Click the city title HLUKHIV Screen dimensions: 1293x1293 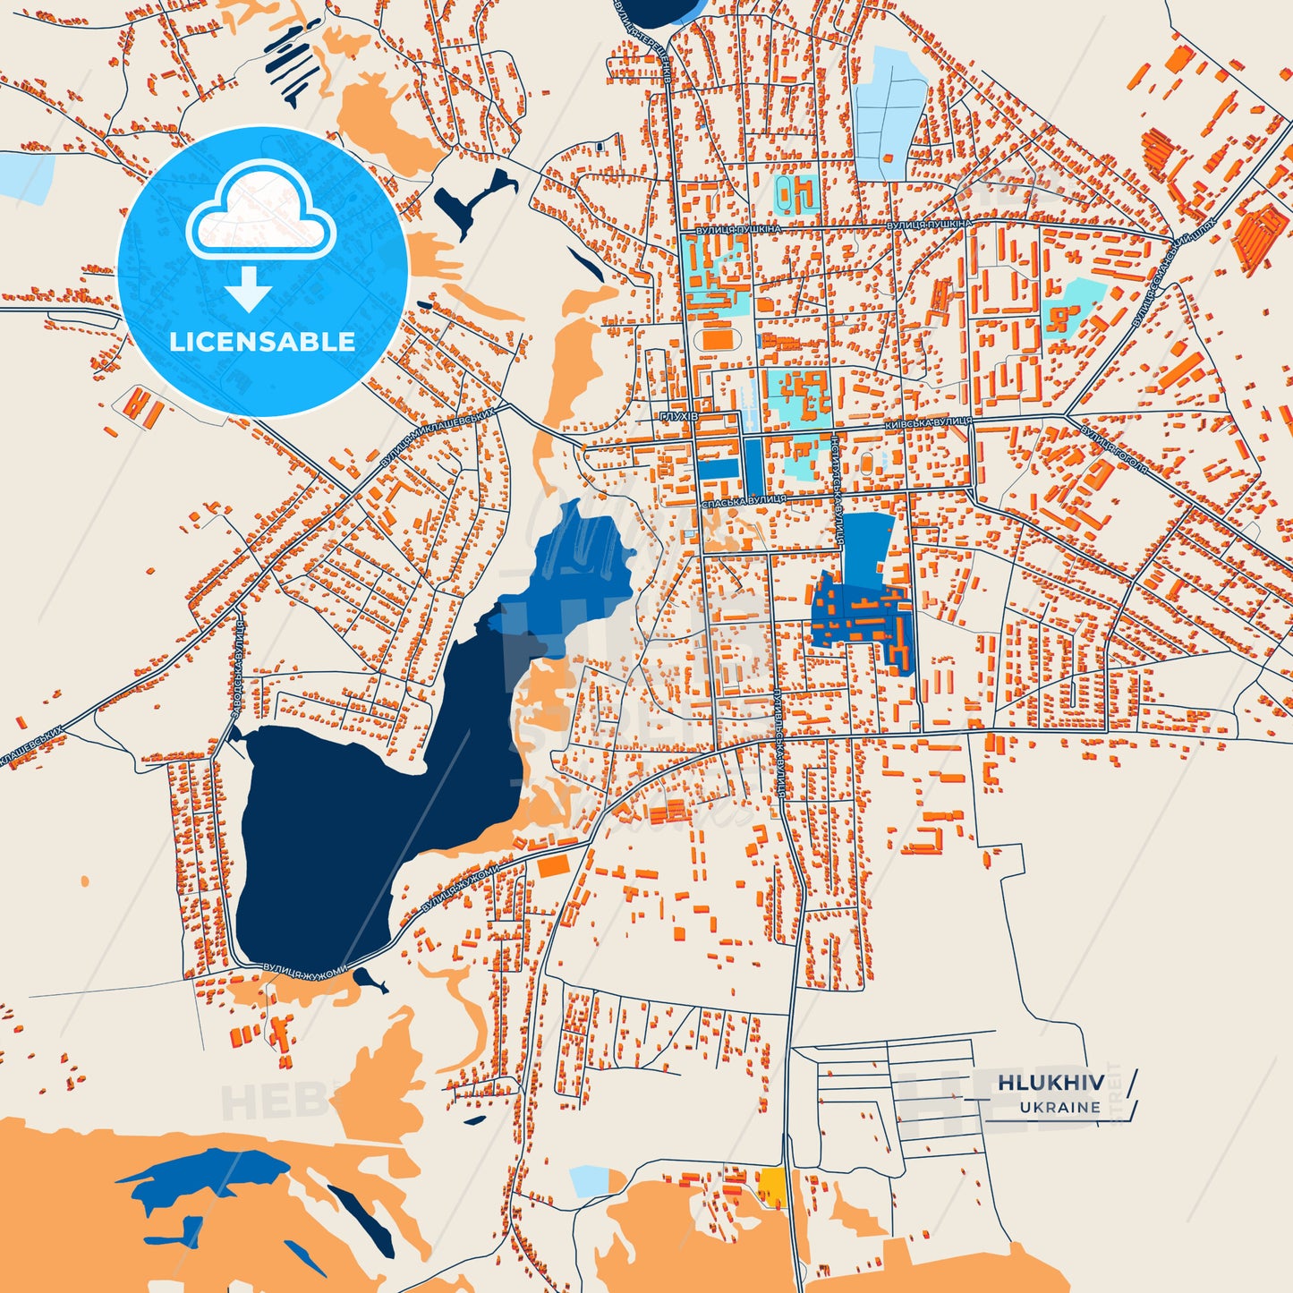coord(1051,1082)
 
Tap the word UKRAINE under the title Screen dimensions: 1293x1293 coord(1060,1107)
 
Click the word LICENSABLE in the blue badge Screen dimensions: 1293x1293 coord(262,341)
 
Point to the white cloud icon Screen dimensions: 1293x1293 coord(260,212)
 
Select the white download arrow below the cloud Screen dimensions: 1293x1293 coord(249,288)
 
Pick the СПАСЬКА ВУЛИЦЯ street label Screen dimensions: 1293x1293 coord(744,499)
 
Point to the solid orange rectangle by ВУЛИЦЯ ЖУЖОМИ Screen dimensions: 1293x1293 coord(554,865)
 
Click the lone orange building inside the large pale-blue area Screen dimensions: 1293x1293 coord(888,157)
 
